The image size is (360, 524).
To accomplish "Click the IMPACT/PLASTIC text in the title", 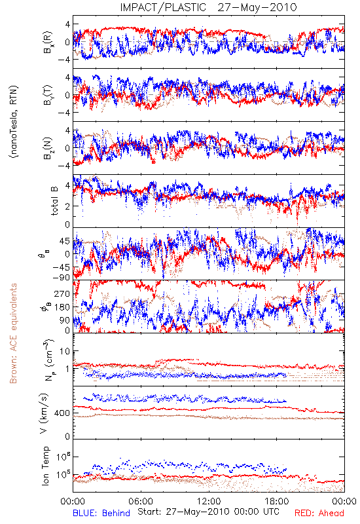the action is click(163, 7).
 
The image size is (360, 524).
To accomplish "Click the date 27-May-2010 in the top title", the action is click(257, 7).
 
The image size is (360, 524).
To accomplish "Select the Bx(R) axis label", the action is click(48, 42).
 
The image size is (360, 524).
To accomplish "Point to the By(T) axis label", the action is click(48, 95).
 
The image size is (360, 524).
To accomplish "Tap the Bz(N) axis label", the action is click(48, 148).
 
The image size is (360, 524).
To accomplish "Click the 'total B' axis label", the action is click(54, 201).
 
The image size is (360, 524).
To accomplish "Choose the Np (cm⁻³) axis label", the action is click(48, 360).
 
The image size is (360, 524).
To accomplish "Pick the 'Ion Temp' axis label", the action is click(45, 466).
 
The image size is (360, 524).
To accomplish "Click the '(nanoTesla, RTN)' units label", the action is click(14, 122).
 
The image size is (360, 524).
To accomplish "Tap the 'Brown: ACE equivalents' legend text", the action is click(13, 333).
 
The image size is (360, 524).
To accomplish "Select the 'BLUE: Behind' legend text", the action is click(101, 513).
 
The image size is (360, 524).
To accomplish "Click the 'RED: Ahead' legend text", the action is click(319, 513).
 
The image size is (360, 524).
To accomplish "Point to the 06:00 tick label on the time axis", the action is click(141, 501).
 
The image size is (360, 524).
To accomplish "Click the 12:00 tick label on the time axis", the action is click(209, 501).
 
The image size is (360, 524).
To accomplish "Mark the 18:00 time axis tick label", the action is click(277, 501).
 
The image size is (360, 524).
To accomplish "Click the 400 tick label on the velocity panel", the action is click(62, 413).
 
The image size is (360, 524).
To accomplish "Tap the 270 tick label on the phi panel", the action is click(62, 293).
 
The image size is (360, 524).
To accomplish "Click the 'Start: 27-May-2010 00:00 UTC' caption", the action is click(208, 512).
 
